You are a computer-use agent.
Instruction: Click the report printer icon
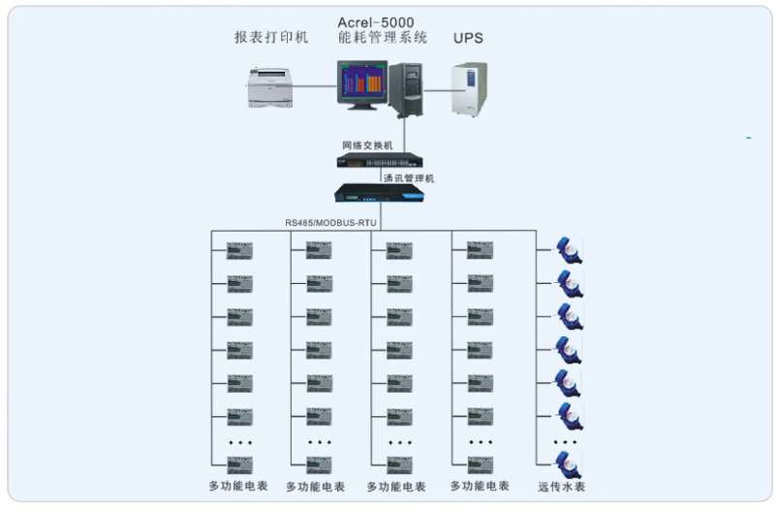coord(269,88)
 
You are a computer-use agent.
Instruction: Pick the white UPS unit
coord(470,89)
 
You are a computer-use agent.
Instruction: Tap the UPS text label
coord(468,38)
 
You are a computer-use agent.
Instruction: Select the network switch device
coord(379,160)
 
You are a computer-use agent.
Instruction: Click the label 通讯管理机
coord(407,178)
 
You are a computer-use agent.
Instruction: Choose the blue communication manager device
coord(379,194)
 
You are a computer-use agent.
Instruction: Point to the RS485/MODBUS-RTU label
coord(330,222)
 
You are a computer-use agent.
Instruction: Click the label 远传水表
coord(562,486)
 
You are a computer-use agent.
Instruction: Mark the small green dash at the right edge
coord(749,139)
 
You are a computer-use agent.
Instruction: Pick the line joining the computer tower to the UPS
coord(438,89)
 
